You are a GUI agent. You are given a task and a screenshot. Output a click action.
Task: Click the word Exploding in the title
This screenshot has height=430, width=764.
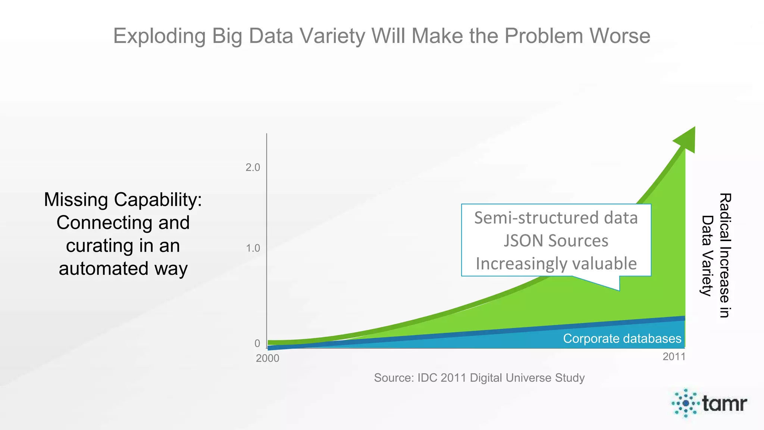pyautogui.click(x=159, y=36)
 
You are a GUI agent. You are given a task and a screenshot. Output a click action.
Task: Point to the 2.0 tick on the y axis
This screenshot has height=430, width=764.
pyautogui.click(x=253, y=168)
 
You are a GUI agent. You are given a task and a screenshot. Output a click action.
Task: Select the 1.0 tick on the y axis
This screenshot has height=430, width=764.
pyautogui.click(x=253, y=248)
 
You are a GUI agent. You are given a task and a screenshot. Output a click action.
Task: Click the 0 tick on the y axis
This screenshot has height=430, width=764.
pyautogui.click(x=257, y=343)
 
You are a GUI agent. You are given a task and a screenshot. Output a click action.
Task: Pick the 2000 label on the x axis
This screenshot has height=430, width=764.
pyautogui.click(x=267, y=358)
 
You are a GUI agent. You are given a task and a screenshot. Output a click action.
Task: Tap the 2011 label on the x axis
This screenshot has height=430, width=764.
pyautogui.click(x=674, y=357)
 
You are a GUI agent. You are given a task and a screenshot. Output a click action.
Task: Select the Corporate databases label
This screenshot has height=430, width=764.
pyautogui.click(x=622, y=339)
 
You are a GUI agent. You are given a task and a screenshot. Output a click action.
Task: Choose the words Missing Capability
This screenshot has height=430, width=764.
pyautogui.click(x=123, y=200)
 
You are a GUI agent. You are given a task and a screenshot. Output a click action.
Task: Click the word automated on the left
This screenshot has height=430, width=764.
pyautogui.click(x=104, y=269)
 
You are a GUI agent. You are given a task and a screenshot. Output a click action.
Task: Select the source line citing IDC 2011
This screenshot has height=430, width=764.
pyautogui.click(x=479, y=378)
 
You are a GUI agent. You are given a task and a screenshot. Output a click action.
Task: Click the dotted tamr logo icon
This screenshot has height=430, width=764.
pyautogui.click(x=685, y=403)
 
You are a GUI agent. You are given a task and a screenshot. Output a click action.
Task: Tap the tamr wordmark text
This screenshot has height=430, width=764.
pyautogui.click(x=724, y=403)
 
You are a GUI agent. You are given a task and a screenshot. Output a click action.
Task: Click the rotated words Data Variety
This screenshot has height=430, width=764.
pyautogui.click(x=707, y=256)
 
